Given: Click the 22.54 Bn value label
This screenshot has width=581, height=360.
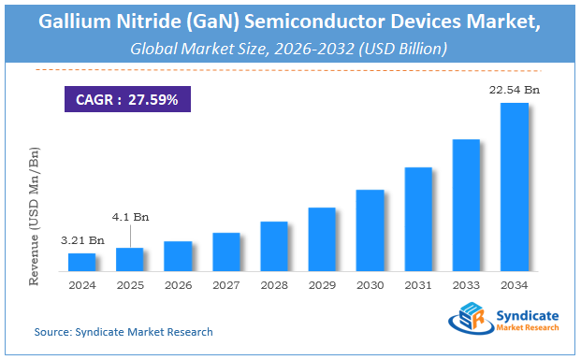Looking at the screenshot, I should click(514, 90).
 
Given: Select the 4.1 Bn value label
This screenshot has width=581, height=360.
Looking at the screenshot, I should click(129, 217).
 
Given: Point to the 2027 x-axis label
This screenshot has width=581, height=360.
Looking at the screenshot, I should click(225, 286).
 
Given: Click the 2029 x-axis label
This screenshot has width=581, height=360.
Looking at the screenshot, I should click(322, 286).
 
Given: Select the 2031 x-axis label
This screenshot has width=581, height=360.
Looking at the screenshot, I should click(418, 286).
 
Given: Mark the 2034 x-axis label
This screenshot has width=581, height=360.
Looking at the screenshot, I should click(514, 286).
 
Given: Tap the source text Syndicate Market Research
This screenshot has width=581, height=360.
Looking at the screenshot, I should click(123, 332).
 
